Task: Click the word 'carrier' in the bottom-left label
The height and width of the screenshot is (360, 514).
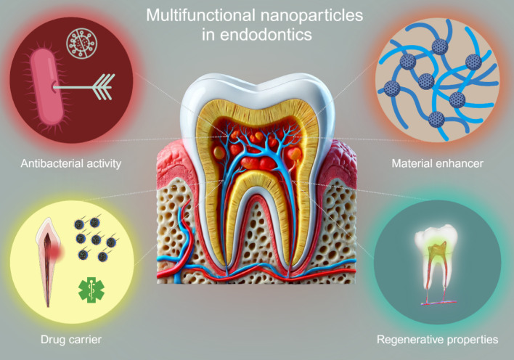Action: (89, 338)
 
